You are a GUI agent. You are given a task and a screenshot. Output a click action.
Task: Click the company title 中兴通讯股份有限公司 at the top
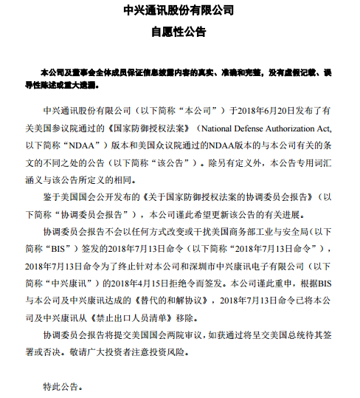tap(180, 10)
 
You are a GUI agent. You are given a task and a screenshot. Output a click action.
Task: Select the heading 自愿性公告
tap(179, 32)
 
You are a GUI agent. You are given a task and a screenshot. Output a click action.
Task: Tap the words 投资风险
tap(189, 349)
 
